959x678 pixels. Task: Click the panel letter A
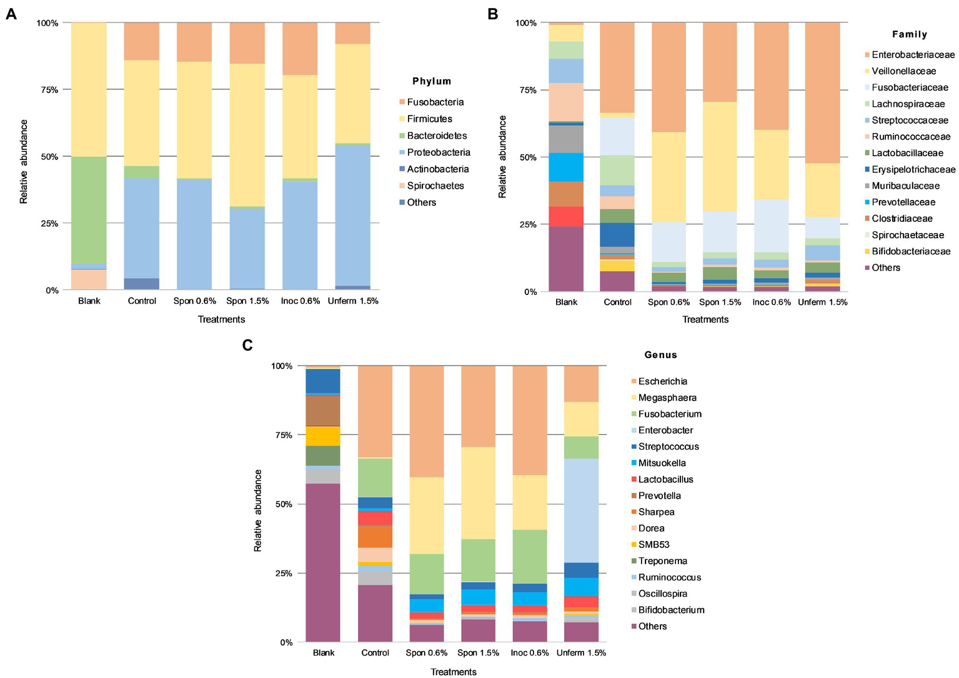(x=11, y=14)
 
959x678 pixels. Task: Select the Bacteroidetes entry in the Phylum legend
(x=437, y=136)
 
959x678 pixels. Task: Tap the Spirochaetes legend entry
(x=435, y=186)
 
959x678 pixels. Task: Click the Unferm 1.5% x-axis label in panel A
(x=353, y=301)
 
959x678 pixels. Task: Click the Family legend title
(x=909, y=34)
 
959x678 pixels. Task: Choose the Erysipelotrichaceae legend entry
(x=913, y=169)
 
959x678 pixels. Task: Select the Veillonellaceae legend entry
(x=903, y=71)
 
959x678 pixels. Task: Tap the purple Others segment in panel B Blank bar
(x=566, y=259)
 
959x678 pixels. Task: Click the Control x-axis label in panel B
(x=617, y=302)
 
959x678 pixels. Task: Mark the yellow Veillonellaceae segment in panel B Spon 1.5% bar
(x=720, y=156)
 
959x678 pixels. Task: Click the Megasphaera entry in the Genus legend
(x=667, y=397)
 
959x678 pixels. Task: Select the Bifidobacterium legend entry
(x=671, y=610)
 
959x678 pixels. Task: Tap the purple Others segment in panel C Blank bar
(x=323, y=562)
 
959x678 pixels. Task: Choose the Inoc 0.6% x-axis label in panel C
(x=530, y=653)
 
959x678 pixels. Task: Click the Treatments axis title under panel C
(x=454, y=672)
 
